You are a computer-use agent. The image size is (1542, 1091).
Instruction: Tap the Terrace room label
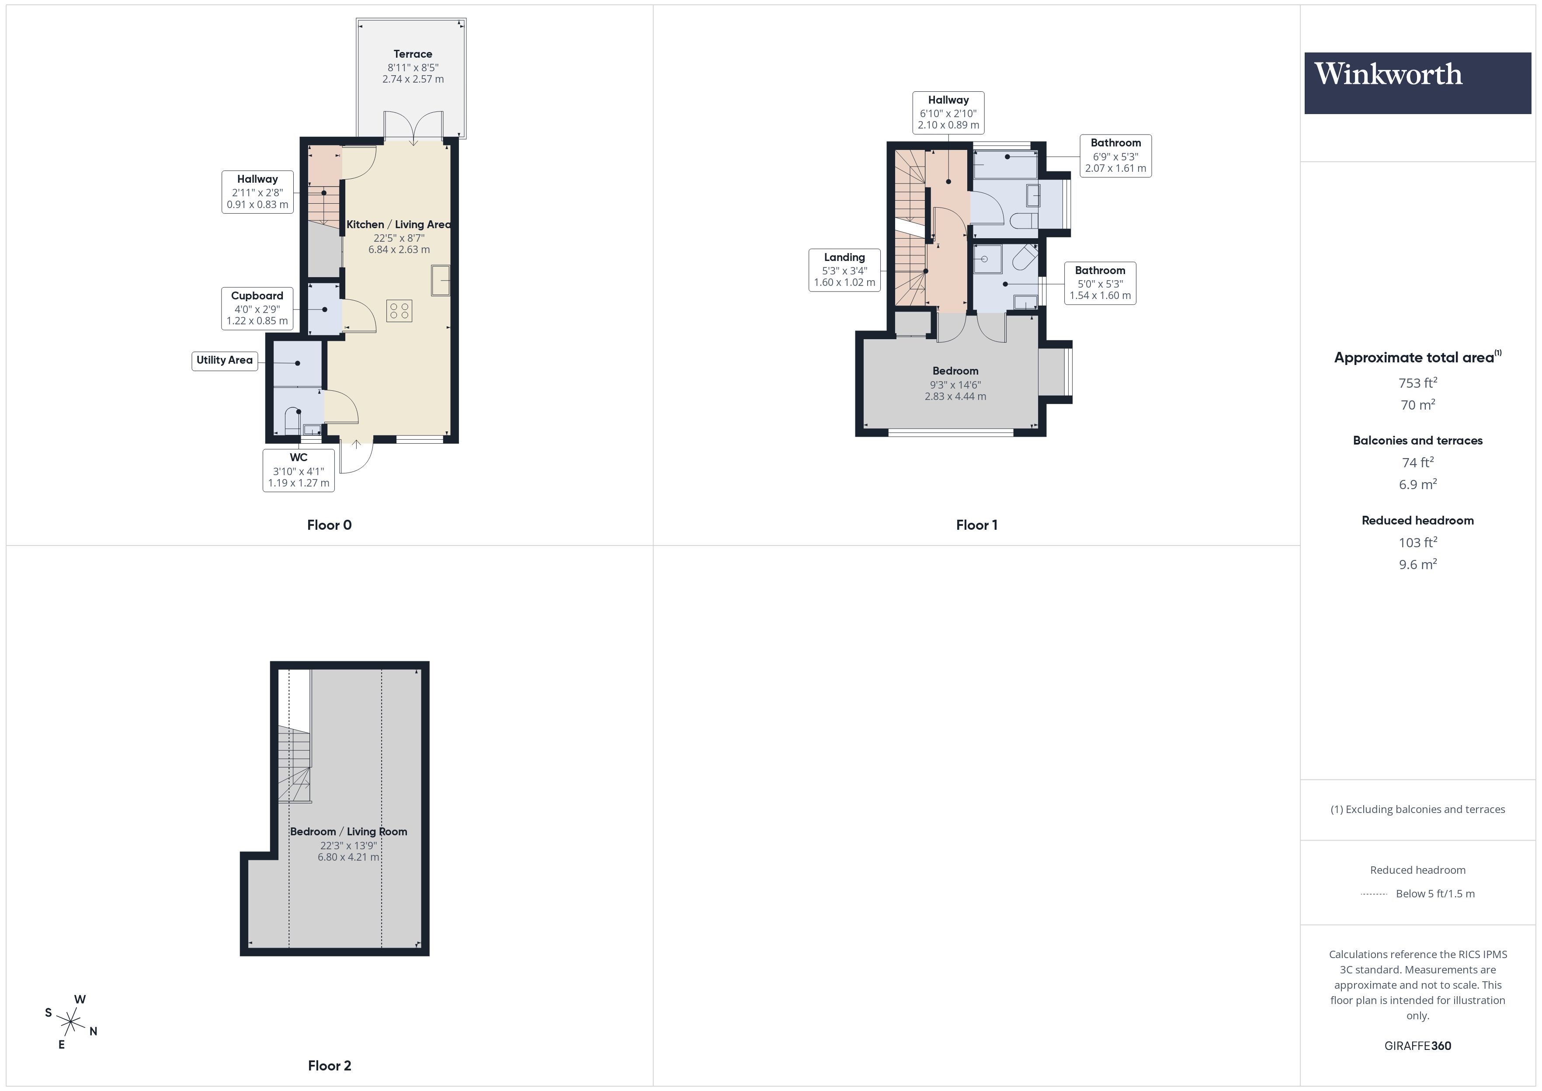412,54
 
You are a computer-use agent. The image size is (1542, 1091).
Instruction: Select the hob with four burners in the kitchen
399,310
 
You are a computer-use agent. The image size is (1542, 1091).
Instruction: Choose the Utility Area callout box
224,360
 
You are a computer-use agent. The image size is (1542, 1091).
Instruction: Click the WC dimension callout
298,469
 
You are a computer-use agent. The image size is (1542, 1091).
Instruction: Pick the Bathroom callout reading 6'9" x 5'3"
1115,155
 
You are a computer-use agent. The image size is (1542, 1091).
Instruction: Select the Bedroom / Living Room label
348,832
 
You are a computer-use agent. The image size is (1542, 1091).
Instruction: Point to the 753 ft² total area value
1417,383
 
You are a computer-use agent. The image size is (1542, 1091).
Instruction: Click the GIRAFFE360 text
1417,1046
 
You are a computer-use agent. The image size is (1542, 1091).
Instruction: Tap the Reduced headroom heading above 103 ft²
1417,521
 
